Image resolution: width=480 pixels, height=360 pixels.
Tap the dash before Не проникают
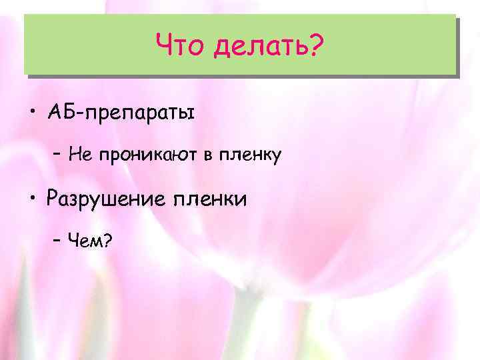(x=57, y=156)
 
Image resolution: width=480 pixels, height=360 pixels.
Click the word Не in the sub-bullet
(x=79, y=155)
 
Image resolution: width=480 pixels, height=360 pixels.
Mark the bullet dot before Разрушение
(x=32, y=198)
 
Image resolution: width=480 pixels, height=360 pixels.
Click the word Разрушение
(x=106, y=199)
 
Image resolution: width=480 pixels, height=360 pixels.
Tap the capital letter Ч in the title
(x=164, y=46)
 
